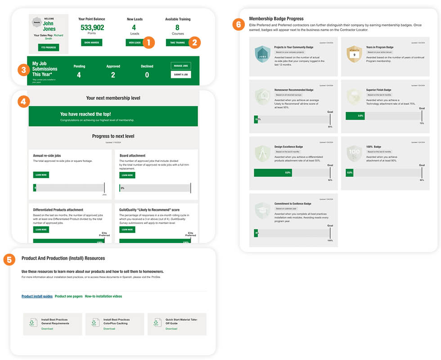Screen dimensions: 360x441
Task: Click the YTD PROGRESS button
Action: pyautogui.click(x=48, y=47)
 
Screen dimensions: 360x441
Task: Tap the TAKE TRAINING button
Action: pyautogui.click(x=177, y=42)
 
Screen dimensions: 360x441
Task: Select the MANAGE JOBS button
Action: pyautogui.click(x=181, y=66)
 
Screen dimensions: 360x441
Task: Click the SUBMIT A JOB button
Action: pyautogui.click(x=181, y=75)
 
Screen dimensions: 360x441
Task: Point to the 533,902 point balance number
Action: pyautogui.click(x=92, y=27)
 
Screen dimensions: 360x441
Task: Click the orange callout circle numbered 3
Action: pyautogui.click(x=24, y=70)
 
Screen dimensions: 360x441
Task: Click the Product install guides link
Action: pyautogui.click(x=37, y=297)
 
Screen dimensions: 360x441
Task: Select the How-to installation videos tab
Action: pyautogui.click(x=103, y=297)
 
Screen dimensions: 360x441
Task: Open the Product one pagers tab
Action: pyautogui.click(x=68, y=297)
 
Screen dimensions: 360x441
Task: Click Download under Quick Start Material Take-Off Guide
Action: pyautogui.click(x=171, y=329)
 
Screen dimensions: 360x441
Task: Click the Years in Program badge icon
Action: pyautogui.click(x=355, y=54)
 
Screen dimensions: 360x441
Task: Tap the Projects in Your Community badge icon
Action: pyautogui.click(x=262, y=54)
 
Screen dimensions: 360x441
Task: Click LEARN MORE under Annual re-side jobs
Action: pyautogui.click(x=41, y=175)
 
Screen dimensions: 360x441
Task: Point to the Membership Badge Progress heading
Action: pyautogui.click(x=276, y=18)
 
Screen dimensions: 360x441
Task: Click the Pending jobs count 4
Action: pyautogui.click(x=79, y=75)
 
